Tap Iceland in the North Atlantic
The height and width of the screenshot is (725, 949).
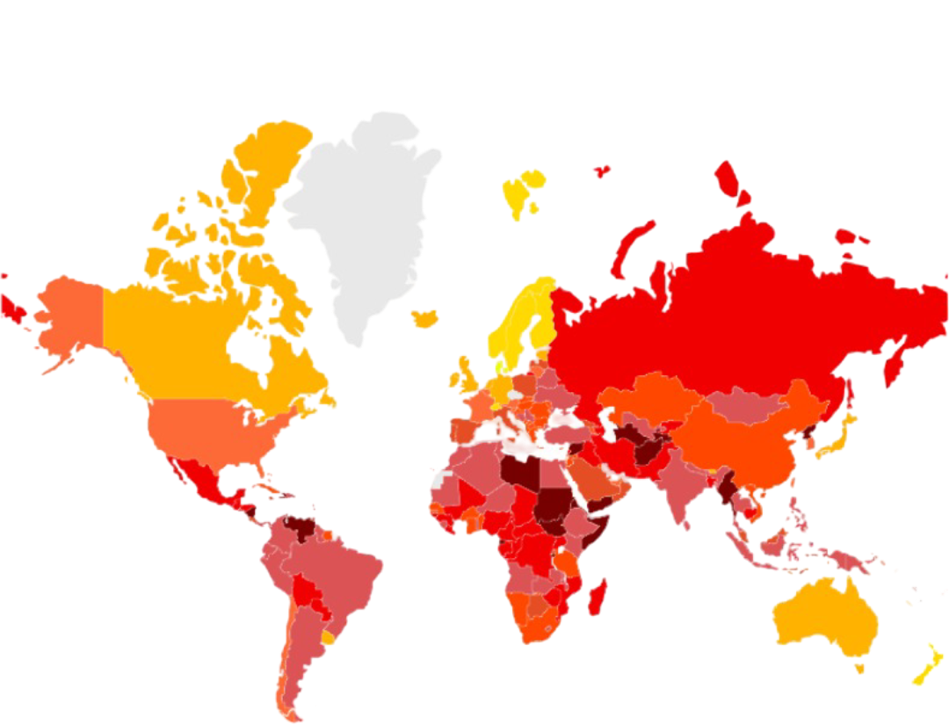[x=425, y=318]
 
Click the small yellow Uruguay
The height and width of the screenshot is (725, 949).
[x=329, y=638]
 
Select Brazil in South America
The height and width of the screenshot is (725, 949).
[x=343, y=571]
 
